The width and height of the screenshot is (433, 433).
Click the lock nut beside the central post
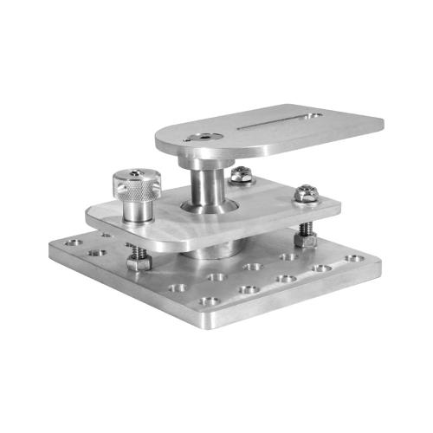241,175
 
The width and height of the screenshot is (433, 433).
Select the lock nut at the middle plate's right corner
304,193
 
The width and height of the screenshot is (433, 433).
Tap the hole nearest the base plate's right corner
353,258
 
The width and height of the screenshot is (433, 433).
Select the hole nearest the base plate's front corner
208,302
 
